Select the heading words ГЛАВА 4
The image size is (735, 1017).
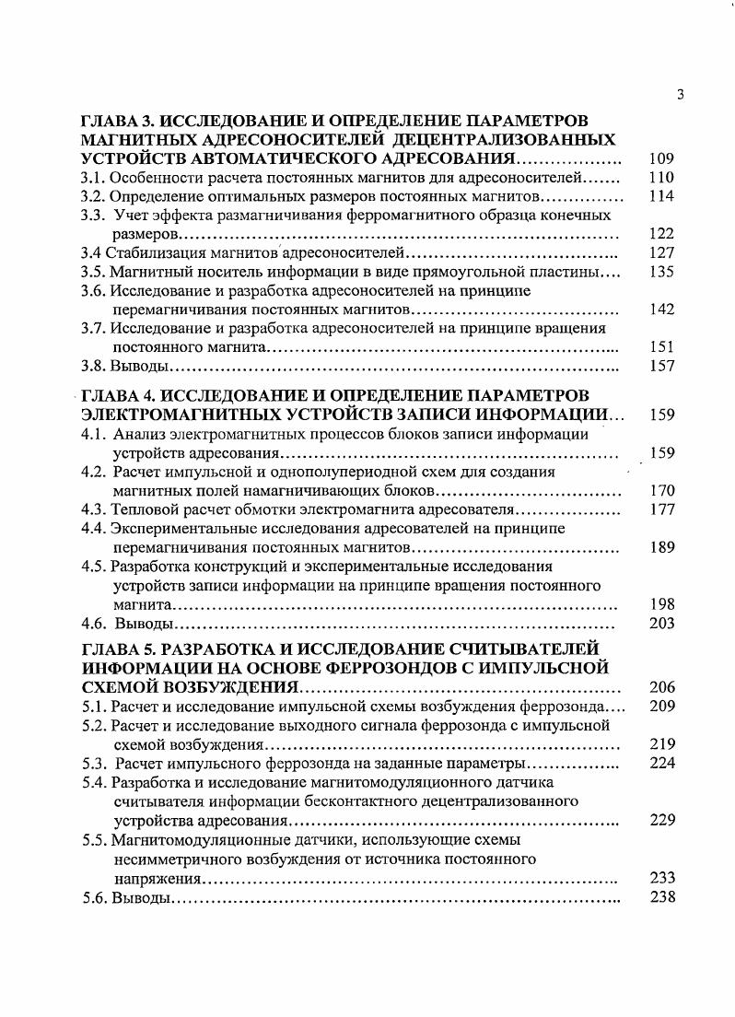click(116, 396)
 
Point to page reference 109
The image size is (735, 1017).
click(661, 158)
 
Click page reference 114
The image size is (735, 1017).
click(661, 196)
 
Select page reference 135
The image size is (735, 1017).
click(661, 272)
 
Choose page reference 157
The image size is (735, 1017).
click(661, 366)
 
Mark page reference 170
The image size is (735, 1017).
click(661, 491)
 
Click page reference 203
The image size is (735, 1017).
click(661, 624)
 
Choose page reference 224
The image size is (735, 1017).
click(661, 763)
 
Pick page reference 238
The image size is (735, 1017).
click(661, 896)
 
